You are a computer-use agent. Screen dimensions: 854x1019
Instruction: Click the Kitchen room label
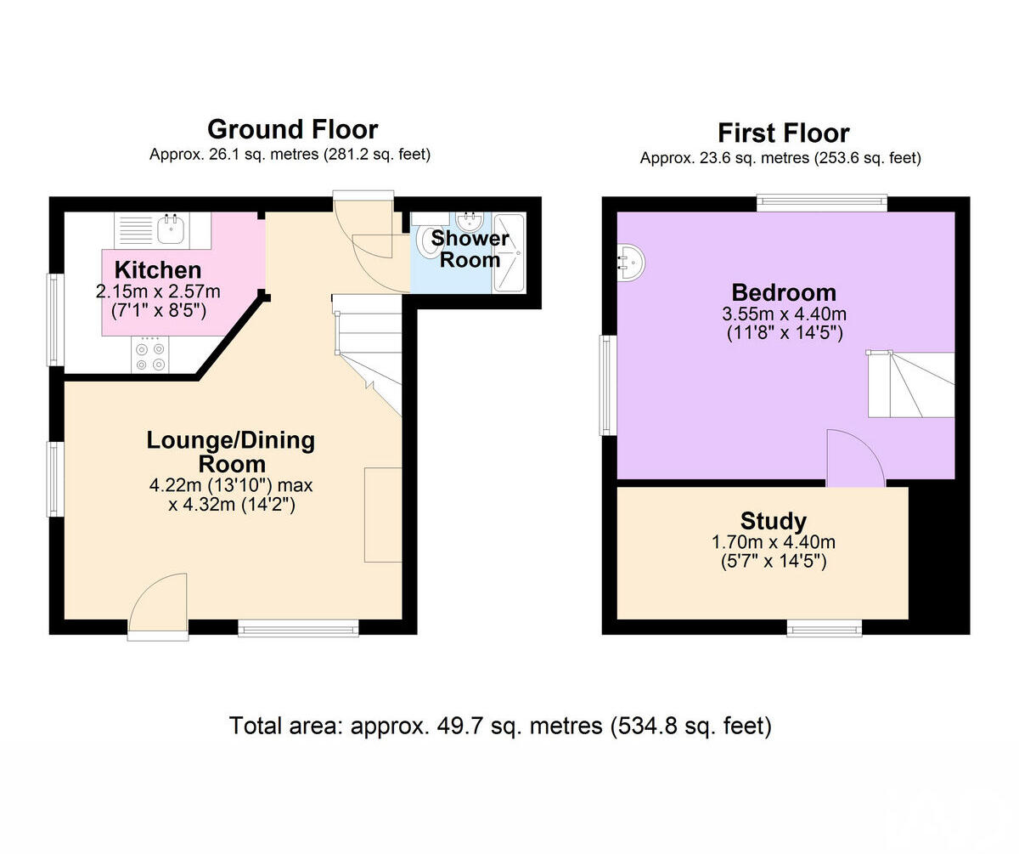(158, 270)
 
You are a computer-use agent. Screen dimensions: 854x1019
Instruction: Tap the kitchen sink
(172, 227)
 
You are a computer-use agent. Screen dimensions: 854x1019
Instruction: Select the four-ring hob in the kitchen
(150, 356)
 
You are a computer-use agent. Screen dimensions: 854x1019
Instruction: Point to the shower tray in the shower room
(509, 253)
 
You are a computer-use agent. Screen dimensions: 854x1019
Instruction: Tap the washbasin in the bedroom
(631, 262)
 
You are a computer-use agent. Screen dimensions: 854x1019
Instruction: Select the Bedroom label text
(784, 293)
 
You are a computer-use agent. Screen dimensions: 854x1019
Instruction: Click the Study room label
(773, 521)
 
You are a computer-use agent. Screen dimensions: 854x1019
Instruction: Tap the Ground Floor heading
(292, 129)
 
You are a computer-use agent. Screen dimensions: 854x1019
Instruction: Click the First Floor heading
(783, 133)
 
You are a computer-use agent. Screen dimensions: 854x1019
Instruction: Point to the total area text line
(500, 727)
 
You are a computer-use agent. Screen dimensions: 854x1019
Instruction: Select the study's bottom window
(824, 628)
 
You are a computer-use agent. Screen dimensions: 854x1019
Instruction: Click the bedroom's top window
(822, 202)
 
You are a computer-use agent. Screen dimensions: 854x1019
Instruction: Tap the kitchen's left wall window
(55, 320)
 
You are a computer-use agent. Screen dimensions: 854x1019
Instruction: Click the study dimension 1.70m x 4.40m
(773, 542)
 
